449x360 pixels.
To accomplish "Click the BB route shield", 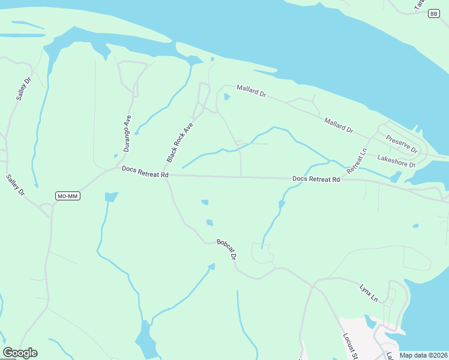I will coord(433,14).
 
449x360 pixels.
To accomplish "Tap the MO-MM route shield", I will coord(67,196).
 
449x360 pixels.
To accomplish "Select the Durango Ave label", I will coord(127,133).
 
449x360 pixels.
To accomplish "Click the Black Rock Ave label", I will coord(180,142).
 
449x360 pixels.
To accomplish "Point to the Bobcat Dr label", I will coord(227,249).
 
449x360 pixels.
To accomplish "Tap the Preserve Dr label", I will coord(402,143).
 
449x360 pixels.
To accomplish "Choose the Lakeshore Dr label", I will coord(396,161).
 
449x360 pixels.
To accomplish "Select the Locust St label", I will coord(350,346).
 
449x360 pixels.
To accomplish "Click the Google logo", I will coord(20,353).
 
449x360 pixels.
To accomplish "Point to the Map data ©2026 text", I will coord(423,355).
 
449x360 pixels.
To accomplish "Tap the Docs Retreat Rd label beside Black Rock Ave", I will coord(145,170).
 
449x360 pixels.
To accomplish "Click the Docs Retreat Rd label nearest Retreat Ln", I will coord(316,179).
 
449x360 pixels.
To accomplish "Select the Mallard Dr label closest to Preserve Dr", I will coord(339,125).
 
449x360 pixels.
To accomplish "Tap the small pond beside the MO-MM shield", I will coord(111,197).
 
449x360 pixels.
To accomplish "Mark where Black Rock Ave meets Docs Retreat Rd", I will coord(166,175).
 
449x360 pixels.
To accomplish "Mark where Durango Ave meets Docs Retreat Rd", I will coord(117,168).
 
